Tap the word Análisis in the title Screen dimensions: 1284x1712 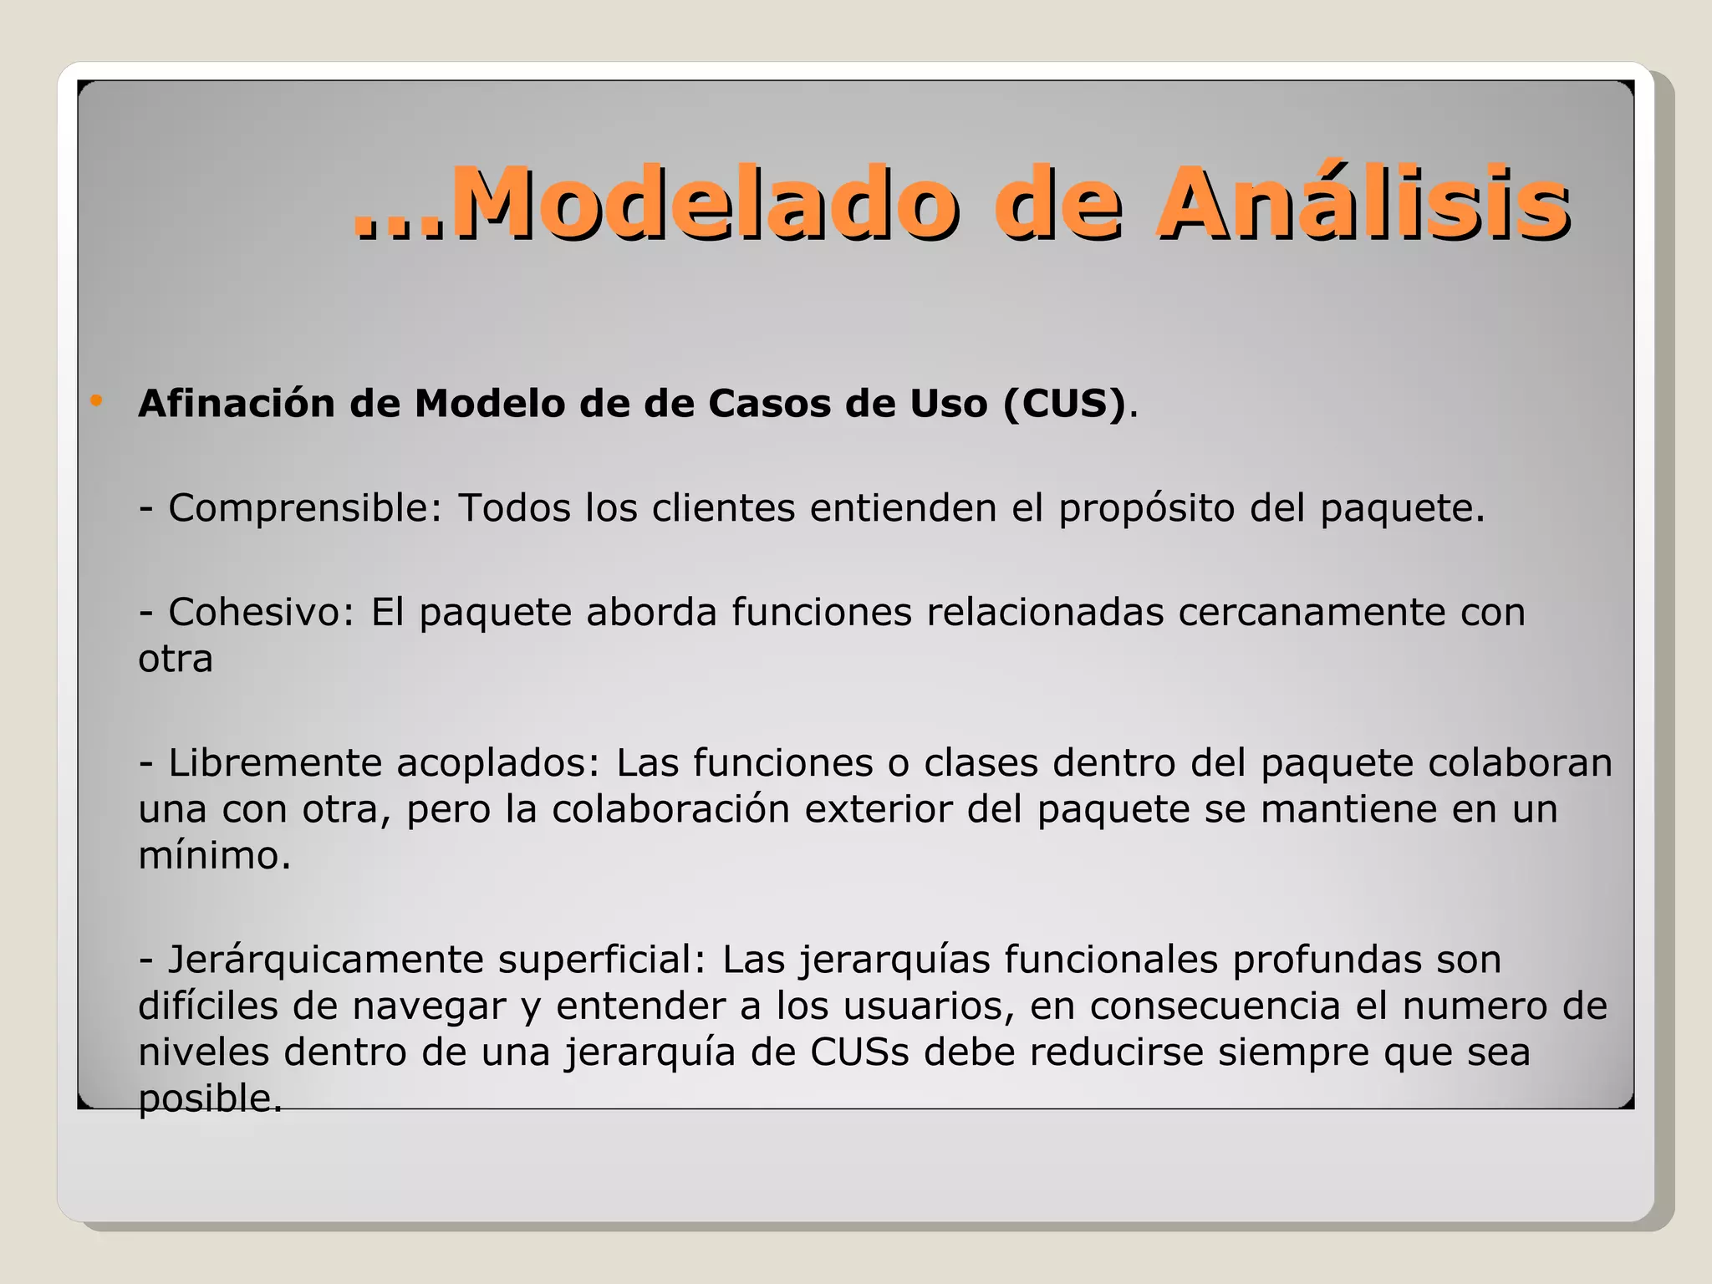(1363, 203)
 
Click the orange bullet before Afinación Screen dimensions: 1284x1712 (97, 401)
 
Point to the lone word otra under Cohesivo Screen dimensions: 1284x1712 (176, 659)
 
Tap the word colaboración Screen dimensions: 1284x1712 (670, 809)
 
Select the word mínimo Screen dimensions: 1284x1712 (214, 855)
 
